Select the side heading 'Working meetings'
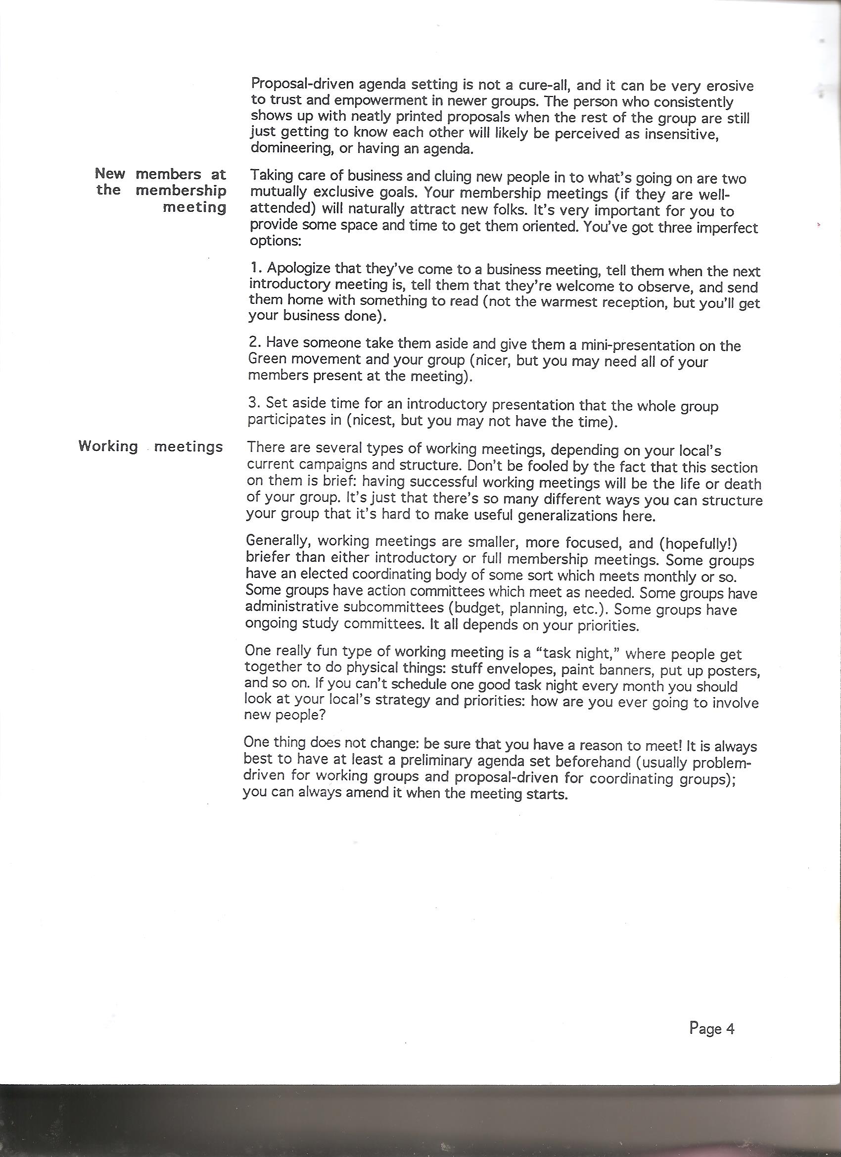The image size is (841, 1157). pos(151,446)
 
